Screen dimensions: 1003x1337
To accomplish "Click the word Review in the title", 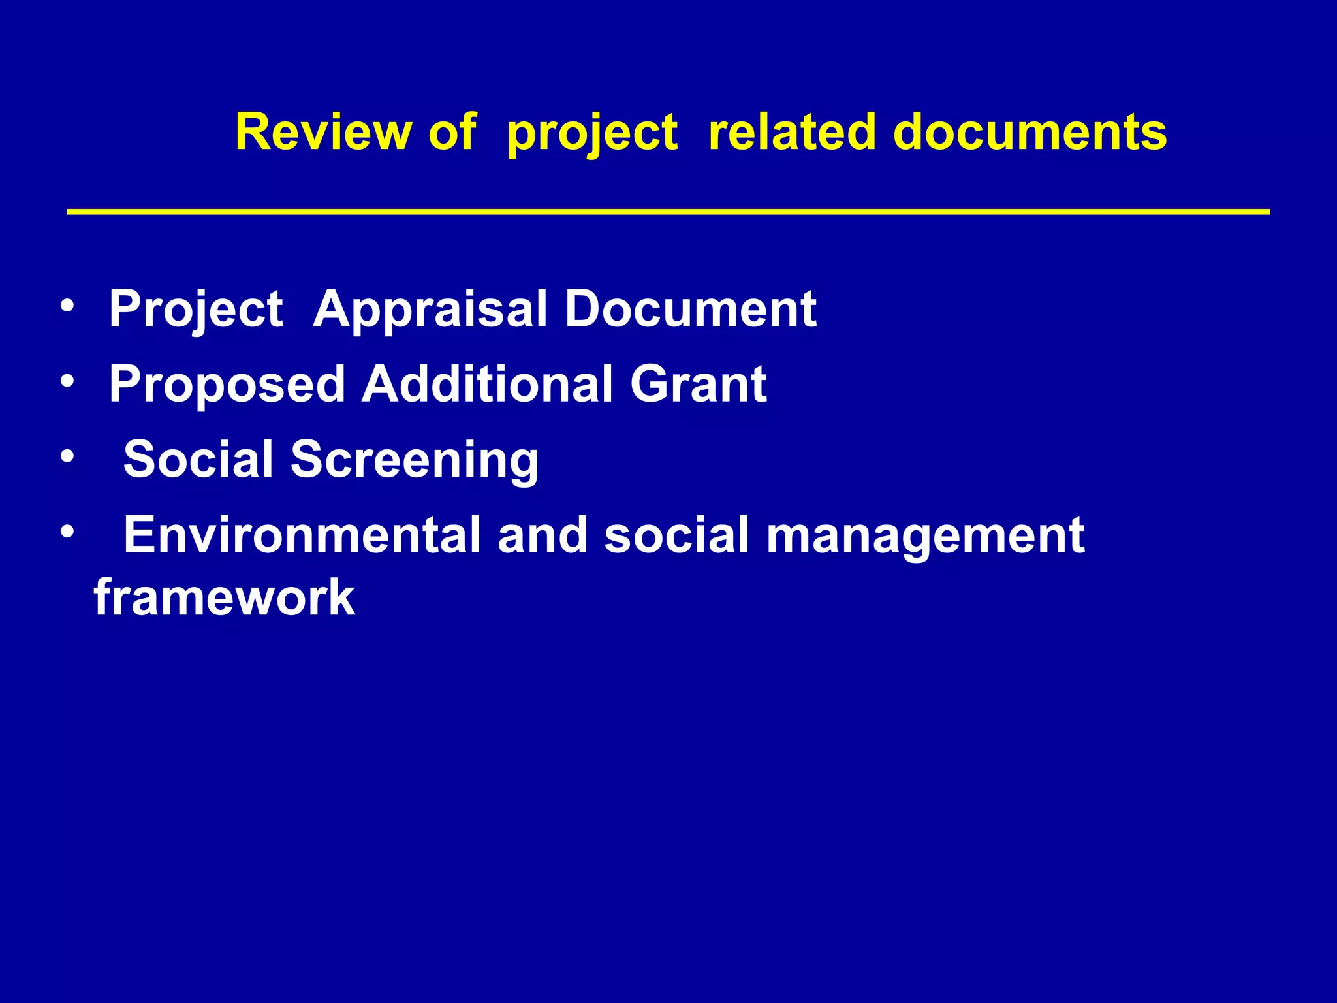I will click(x=323, y=133).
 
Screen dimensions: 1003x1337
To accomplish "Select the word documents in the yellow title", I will click(x=1030, y=133).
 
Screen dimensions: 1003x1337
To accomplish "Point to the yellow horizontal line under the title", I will click(x=668, y=212).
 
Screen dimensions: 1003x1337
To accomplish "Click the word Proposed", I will click(x=227, y=385).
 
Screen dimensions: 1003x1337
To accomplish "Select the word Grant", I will click(x=699, y=384).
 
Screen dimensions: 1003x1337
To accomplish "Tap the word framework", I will click(x=225, y=597).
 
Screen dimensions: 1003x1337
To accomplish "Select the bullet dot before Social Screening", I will click(x=67, y=456).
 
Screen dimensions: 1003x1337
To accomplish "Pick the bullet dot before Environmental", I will click(x=67, y=532).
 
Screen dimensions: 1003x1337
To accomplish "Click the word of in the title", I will click(x=452, y=133).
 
